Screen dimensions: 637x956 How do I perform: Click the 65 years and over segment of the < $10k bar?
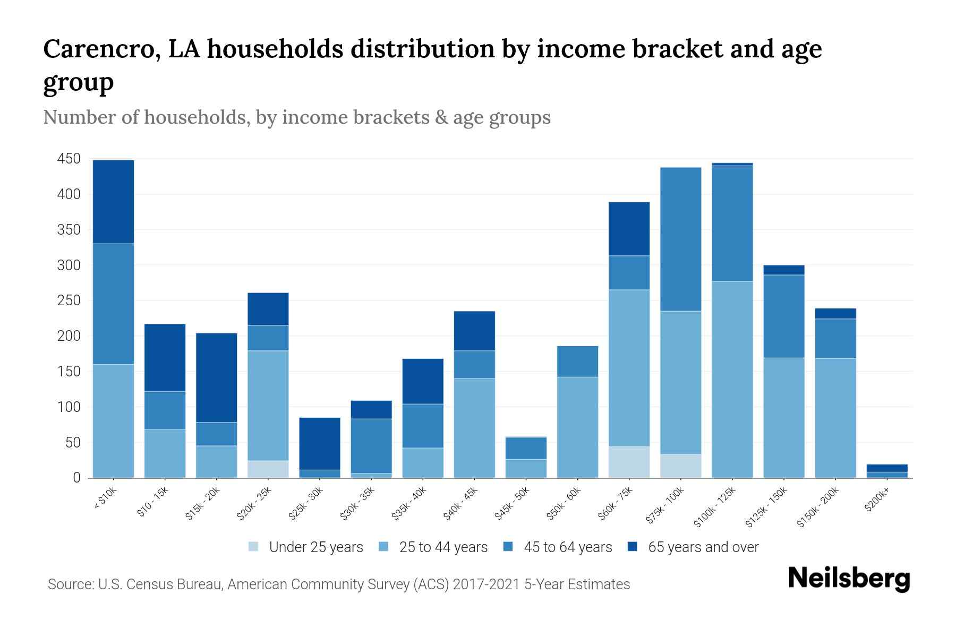click(x=113, y=202)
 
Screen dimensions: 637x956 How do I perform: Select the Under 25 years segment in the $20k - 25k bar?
click(x=268, y=469)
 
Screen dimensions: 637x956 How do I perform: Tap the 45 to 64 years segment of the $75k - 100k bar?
click(x=680, y=239)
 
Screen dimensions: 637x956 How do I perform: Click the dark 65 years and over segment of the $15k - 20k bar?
click(x=216, y=377)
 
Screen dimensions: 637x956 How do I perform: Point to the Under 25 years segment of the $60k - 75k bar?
click(x=629, y=462)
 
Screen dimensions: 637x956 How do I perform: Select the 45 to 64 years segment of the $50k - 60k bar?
click(x=577, y=361)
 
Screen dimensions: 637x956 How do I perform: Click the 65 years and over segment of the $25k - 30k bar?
click(x=320, y=444)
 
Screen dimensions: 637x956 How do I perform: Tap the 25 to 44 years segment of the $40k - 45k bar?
click(x=474, y=428)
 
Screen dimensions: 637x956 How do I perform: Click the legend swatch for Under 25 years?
click(x=254, y=547)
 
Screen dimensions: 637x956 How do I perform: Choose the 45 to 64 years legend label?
click(x=567, y=547)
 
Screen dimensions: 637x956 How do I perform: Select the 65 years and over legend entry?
click(x=703, y=547)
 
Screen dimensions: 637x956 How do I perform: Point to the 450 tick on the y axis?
click(x=69, y=159)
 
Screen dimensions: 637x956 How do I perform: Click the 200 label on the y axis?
click(x=69, y=336)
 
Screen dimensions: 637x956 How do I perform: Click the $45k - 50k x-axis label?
click(x=513, y=504)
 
